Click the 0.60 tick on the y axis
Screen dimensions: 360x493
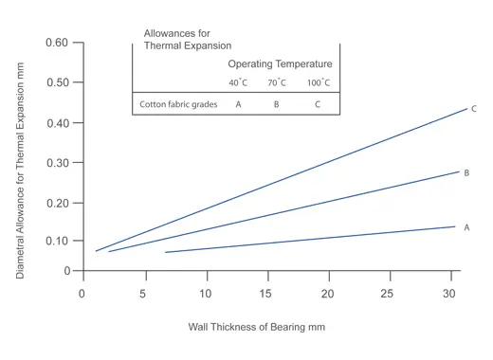click(57, 43)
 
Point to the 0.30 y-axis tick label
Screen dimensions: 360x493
click(57, 163)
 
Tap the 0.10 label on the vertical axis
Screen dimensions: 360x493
click(57, 241)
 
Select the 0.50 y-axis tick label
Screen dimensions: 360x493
click(57, 82)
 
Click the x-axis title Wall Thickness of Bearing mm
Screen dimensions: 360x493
click(256, 328)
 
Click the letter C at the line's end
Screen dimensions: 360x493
click(473, 109)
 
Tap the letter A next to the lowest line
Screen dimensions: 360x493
click(466, 227)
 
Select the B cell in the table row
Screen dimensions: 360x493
click(276, 104)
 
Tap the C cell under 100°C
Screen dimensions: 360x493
click(318, 104)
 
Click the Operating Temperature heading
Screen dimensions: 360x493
click(280, 63)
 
